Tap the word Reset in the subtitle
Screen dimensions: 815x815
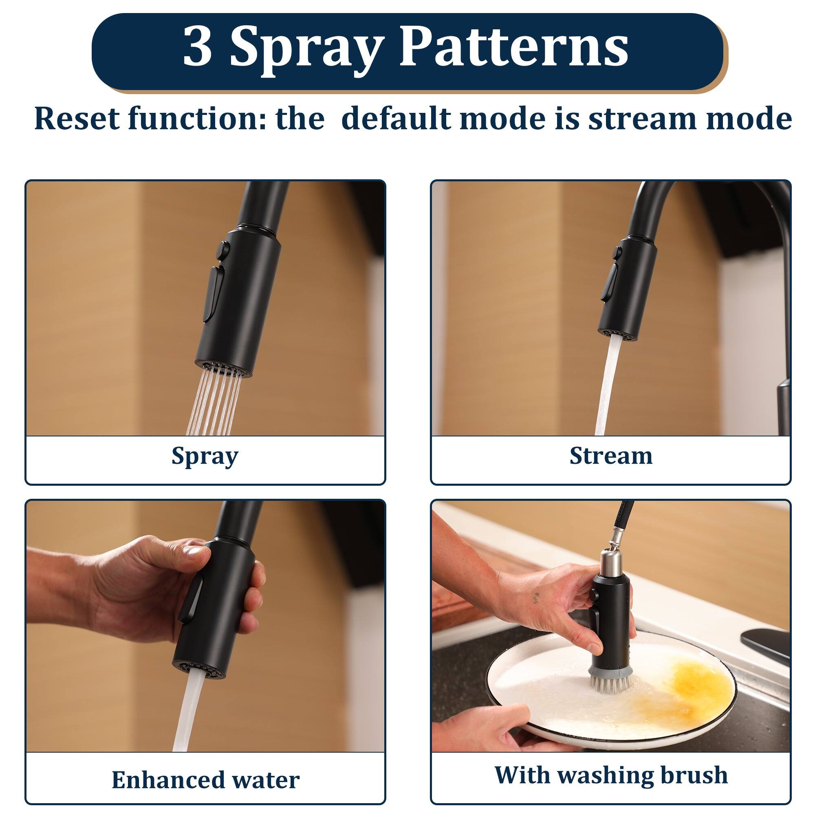tap(77, 119)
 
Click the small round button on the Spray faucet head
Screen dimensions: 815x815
tap(222, 251)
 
